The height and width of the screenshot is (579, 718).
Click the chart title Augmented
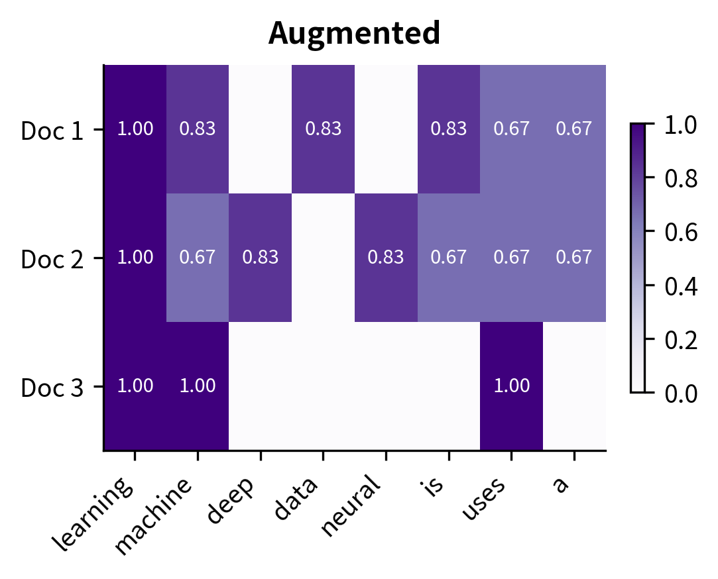tap(354, 33)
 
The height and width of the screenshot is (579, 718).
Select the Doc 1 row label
tap(52, 131)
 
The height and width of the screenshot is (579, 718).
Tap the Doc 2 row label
tap(52, 259)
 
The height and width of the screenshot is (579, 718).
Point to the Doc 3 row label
tap(52, 388)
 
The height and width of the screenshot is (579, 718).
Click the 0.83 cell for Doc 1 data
tap(323, 129)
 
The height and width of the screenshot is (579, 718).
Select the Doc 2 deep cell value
tap(261, 258)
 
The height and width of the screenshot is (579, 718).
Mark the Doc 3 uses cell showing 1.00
tap(511, 386)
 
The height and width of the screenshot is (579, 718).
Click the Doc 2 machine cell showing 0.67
tap(198, 258)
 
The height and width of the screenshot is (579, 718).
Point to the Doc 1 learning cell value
tap(135, 129)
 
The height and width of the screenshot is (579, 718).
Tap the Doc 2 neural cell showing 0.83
tap(386, 258)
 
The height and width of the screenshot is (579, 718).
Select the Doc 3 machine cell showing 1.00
tap(198, 386)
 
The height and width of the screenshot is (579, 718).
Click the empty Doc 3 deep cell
tap(261, 386)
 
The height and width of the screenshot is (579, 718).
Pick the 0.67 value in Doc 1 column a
tap(573, 129)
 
